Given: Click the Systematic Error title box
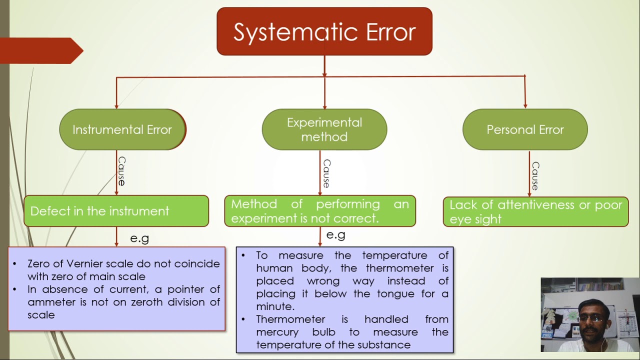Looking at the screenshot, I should click(x=324, y=31).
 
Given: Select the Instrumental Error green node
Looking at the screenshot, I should click(x=122, y=129).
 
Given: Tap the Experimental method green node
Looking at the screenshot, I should click(x=324, y=129).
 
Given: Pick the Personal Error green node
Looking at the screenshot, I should click(x=525, y=129).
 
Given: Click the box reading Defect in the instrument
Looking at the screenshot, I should click(x=116, y=211).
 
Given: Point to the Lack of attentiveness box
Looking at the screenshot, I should click(x=535, y=211).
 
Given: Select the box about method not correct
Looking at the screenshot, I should click(x=320, y=211).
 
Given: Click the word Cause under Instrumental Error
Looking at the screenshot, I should click(x=121, y=171).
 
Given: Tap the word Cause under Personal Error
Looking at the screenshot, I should click(x=535, y=175).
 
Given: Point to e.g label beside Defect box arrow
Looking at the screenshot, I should click(x=139, y=238).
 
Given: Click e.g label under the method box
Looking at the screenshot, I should click(x=335, y=235).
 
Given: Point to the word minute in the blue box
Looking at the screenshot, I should click(x=274, y=306).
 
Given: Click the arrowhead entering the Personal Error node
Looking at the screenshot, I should click(x=525, y=105).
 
